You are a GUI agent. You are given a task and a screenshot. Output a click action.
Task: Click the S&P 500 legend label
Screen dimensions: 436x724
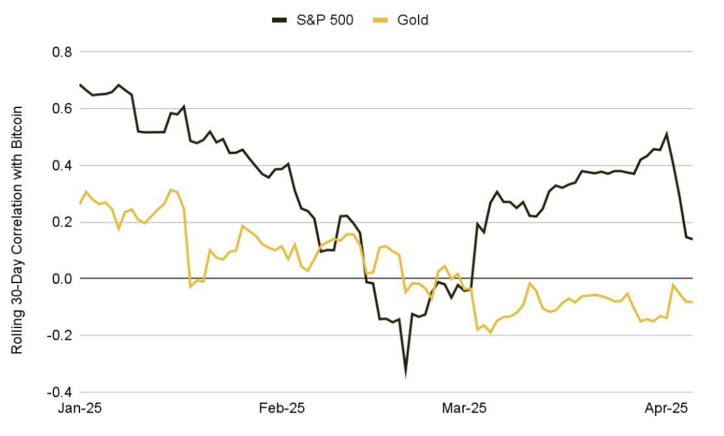325,20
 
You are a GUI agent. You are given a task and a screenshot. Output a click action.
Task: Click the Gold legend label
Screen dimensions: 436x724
413,20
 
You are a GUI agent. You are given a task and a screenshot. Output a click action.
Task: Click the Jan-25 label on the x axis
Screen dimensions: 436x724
80,409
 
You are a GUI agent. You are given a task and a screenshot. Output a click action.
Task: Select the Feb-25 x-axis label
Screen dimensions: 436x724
281,409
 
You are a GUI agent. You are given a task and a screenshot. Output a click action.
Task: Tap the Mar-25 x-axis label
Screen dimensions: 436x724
464,409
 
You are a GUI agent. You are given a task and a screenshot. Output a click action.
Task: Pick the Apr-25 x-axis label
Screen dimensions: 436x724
665,409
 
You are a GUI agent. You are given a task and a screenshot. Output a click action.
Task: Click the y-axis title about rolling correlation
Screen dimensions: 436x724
18,230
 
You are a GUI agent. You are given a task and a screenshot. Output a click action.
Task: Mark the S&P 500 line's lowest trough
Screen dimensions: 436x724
406,374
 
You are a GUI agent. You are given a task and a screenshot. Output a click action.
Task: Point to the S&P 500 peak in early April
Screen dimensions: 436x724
666,134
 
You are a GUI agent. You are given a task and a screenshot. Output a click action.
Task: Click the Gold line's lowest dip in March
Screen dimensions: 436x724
490,333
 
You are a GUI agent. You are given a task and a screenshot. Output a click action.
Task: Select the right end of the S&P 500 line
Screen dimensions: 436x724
692,239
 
